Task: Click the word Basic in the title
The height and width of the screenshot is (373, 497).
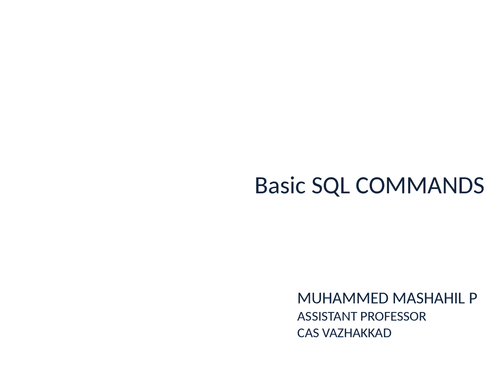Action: [280, 185]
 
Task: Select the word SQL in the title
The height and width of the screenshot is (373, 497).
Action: [330, 185]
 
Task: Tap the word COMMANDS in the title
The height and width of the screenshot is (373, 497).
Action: [420, 185]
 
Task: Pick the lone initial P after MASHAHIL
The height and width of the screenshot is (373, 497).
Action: [473, 298]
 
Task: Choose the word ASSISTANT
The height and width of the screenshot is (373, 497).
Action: [327, 317]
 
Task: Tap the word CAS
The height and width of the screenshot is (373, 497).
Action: [308, 333]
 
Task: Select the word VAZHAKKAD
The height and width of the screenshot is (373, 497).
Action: [356, 333]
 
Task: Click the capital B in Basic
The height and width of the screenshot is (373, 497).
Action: [262, 185]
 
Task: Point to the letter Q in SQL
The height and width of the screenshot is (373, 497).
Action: [332, 186]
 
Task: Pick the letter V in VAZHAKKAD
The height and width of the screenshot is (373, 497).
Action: [326, 333]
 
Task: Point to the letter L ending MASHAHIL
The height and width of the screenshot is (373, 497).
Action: [462, 298]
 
